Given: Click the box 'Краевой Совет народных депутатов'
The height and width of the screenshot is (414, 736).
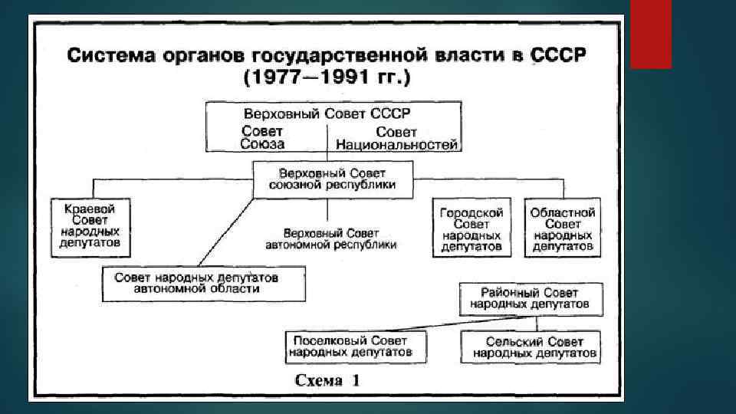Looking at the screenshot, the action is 90,227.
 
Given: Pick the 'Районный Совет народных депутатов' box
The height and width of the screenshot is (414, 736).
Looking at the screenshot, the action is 530,298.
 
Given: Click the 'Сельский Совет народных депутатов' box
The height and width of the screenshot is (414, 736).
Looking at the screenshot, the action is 534,347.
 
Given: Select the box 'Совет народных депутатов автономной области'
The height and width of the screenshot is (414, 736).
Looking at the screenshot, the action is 204,282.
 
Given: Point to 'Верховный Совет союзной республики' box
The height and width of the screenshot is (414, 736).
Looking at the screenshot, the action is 333,179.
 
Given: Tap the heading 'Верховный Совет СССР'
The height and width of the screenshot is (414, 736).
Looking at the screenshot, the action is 333,113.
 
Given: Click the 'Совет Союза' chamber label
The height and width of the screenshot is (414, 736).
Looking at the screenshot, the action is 262,137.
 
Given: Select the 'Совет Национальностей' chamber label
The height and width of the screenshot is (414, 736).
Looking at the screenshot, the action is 396,137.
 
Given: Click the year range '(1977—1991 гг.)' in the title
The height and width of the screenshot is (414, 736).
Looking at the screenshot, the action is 327,78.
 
